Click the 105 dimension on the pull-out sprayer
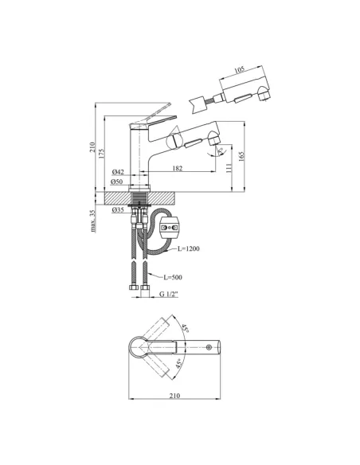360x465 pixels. pos(239,70)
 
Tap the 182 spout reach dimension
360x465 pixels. pos(178,168)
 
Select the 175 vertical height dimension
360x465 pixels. pos(101,154)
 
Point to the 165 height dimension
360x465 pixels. pos(241,156)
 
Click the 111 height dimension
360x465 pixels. pos(229,168)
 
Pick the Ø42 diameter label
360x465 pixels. pos(118,172)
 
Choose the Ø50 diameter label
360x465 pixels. pos(116,182)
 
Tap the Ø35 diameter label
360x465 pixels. pos(118,210)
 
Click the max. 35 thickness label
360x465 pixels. pos(93,221)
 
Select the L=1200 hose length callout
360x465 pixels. pos(189,248)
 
